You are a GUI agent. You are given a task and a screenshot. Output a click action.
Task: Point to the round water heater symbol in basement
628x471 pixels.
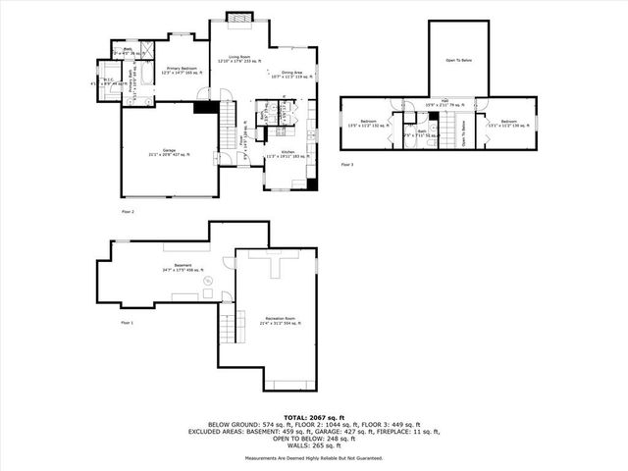[x=207, y=283]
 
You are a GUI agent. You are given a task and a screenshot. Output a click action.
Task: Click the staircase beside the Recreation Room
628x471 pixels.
[x=228, y=324]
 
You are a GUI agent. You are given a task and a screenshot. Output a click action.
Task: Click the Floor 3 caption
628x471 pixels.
[x=347, y=165]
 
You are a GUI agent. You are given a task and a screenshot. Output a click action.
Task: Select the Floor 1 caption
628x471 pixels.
[x=128, y=323]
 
